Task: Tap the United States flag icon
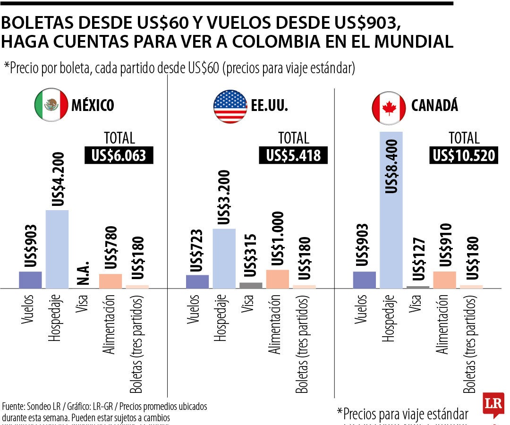click(x=230, y=106)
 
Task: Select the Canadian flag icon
click(x=389, y=106)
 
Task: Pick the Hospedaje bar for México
click(x=57, y=249)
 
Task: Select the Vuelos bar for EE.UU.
click(x=197, y=281)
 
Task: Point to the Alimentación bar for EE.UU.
click(x=278, y=279)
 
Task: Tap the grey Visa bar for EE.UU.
click(x=251, y=285)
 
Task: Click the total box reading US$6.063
click(x=119, y=156)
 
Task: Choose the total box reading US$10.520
click(x=464, y=156)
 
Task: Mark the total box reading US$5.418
click(x=293, y=156)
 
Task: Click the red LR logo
click(x=493, y=405)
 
